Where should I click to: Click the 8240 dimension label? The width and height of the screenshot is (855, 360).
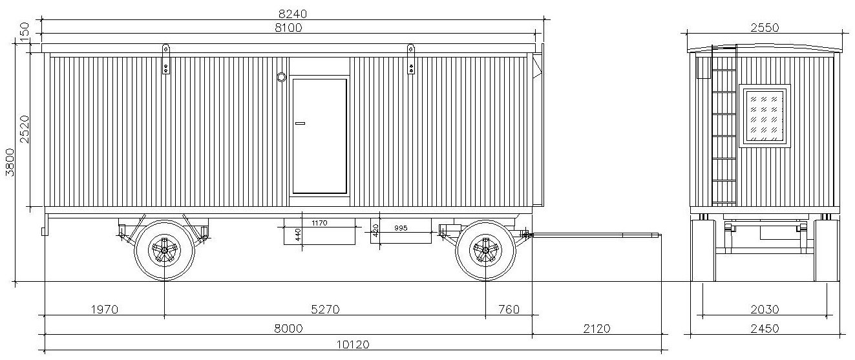point(292,14)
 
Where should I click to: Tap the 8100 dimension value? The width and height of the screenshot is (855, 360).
point(288,28)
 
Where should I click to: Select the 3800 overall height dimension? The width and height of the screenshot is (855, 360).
point(10,163)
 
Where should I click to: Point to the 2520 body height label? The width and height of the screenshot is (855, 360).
point(25,129)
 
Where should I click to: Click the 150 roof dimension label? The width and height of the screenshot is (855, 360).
point(25,30)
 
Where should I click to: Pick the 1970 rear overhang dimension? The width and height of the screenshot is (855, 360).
point(105,309)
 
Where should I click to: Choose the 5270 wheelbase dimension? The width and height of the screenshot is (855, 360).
point(325,309)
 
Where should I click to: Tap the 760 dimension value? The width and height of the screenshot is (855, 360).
point(509,309)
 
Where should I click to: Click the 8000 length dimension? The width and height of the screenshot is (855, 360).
point(289,328)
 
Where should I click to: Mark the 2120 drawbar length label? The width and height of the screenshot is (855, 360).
point(596,328)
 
